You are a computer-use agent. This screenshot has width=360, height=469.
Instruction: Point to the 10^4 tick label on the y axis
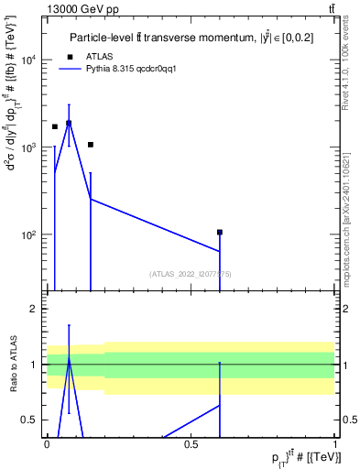click(x=27, y=60)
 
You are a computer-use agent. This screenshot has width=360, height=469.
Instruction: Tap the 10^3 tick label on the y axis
click(x=27, y=147)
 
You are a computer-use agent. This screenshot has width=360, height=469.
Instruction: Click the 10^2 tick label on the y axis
click(x=27, y=235)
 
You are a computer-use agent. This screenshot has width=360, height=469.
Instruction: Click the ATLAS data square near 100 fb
click(x=220, y=233)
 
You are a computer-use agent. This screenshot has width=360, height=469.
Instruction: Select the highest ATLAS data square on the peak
click(x=69, y=123)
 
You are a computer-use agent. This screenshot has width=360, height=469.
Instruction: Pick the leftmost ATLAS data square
click(x=55, y=127)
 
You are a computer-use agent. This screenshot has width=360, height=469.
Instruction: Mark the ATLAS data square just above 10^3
click(x=91, y=145)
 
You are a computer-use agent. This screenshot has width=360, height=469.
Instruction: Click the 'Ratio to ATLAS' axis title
click(x=11, y=365)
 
